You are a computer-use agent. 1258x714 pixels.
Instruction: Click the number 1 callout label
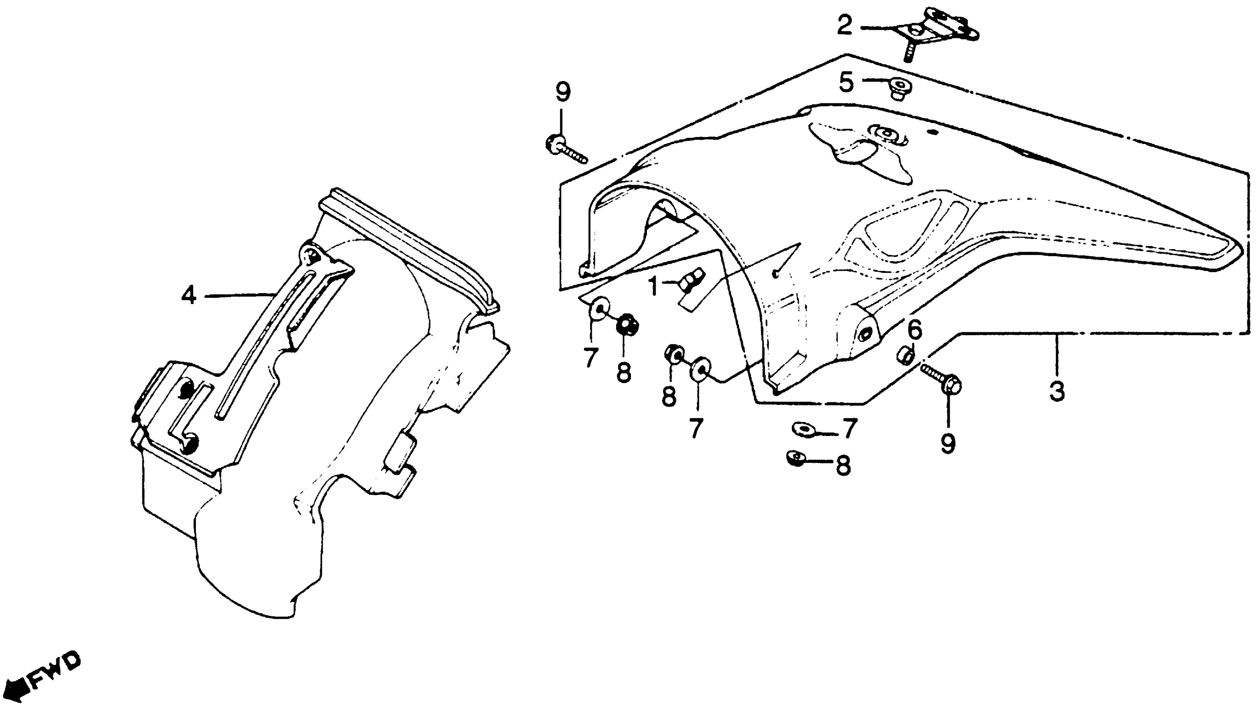click(x=653, y=286)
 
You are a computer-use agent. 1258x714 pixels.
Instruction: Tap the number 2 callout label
click(x=845, y=26)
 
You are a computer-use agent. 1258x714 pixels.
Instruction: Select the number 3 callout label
click(x=1057, y=391)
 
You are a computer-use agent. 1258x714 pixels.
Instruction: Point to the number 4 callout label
click(x=189, y=296)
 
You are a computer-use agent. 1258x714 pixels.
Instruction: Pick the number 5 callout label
click(x=846, y=82)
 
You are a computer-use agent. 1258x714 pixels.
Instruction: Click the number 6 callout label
click(x=915, y=331)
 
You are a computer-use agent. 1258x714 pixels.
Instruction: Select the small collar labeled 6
click(x=906, y=355)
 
